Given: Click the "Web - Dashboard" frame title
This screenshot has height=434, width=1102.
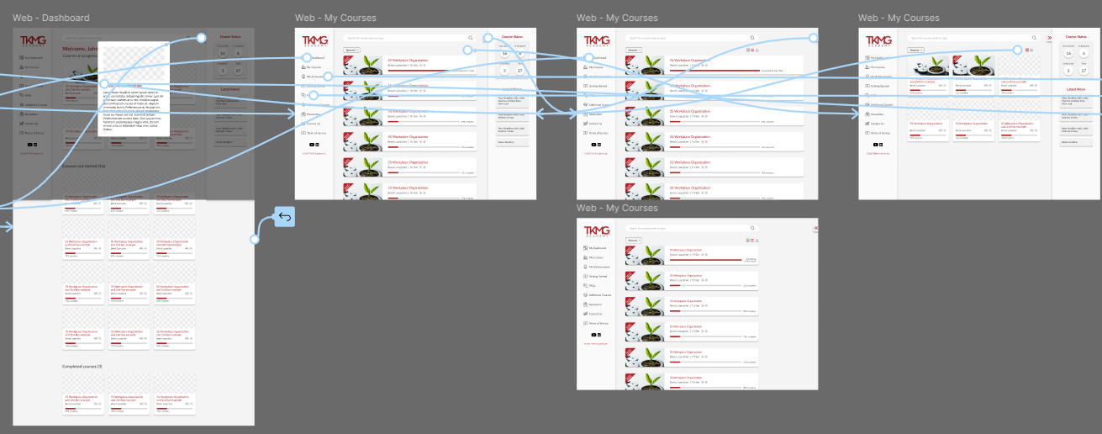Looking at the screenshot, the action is (51, 18).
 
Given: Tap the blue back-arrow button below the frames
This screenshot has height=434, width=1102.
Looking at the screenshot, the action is (284, 218).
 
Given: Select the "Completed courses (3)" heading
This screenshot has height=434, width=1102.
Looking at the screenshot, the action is (82, 367).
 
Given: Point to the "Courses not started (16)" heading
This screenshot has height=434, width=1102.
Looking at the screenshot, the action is (83, 189).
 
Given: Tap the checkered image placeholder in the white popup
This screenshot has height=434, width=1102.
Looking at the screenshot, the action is (133, 61).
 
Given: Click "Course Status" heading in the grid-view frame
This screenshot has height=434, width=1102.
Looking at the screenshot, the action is (1076, 37).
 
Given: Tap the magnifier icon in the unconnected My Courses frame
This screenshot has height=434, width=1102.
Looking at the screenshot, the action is (751, 228).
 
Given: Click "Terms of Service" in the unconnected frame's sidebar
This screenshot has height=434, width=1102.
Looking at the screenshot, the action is (598, 323).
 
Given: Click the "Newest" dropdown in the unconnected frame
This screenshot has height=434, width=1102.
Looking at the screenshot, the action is (633, 241).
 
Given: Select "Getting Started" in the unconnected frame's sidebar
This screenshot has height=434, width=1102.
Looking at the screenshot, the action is (598, 276).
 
